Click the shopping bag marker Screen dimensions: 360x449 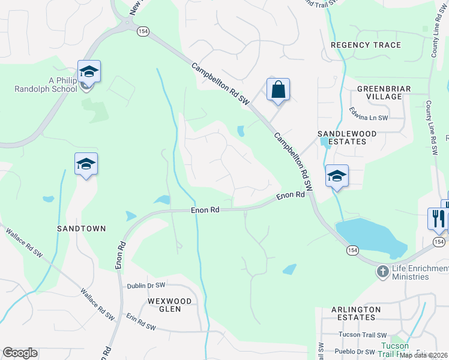278,90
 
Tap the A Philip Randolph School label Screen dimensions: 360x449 46,84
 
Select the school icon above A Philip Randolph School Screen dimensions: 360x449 89,72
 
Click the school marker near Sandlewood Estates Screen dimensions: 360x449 337,176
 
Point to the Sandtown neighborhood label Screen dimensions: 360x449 81,229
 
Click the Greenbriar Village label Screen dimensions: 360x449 384,92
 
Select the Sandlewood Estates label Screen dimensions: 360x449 346,137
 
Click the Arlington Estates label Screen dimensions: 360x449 356,313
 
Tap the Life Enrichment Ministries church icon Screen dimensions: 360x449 382,272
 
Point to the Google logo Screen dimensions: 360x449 20,353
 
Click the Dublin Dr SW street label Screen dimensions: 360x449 145,286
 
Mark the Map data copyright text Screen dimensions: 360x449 424,355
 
